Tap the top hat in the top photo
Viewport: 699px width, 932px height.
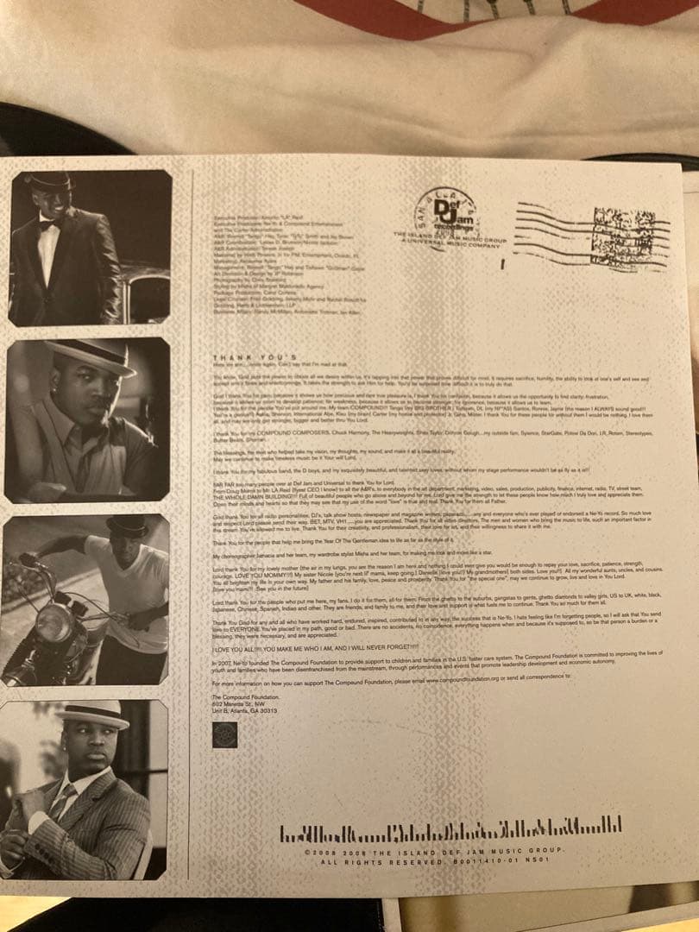(49, 180)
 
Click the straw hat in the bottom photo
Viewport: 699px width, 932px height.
(92, 713)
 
